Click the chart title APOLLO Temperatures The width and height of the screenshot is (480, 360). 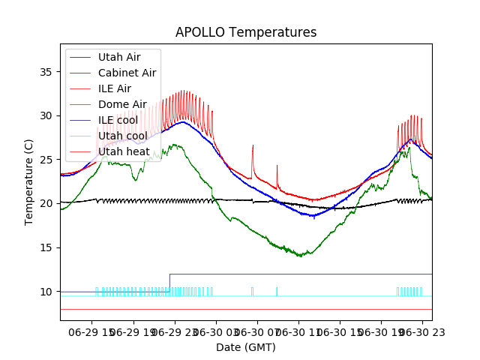[246, 32]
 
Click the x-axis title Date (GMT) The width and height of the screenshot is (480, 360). [246, 347]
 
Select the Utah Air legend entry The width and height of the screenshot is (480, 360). [118, 57]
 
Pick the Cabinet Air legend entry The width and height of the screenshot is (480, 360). [127, 73]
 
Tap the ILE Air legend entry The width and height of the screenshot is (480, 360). [115, 88]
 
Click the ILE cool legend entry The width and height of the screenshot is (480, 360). [118, 120]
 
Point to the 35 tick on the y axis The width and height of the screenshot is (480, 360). [48, 72]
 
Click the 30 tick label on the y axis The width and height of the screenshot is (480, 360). [48, 115]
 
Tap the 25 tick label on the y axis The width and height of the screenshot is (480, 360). [48, 160]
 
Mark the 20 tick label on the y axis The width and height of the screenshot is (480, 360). [48, 203]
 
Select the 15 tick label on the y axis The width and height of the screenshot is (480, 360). [48, 247]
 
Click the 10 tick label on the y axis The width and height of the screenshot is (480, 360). [48, 292]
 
